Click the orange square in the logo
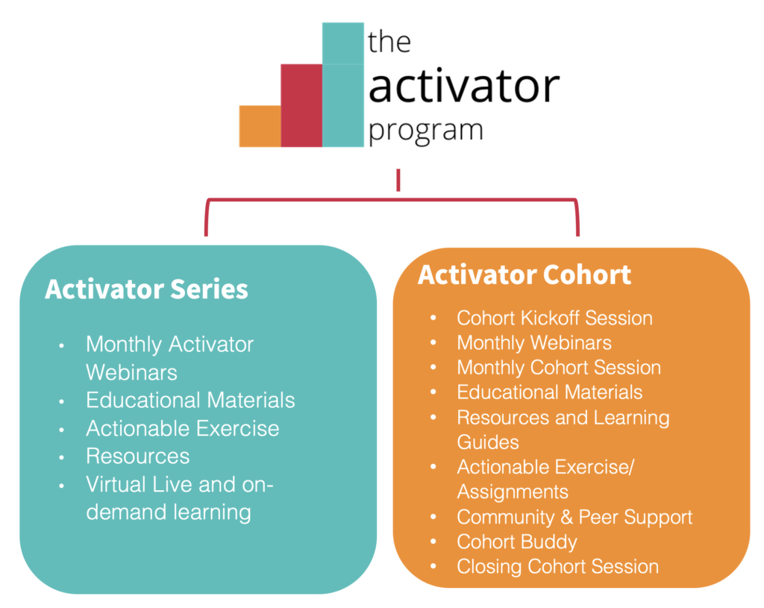[260, 126]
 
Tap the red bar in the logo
[301, 105]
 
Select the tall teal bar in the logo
[343, 85]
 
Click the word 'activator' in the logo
[464, 86]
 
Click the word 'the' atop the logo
[389, 42]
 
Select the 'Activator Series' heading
[146, 289]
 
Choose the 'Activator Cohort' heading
[525, 275]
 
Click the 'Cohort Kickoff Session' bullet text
[554, 318]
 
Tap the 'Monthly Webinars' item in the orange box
[534, 342]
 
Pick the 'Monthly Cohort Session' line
[559, 367]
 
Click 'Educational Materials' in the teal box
[190, 400]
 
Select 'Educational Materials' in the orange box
[550, 392]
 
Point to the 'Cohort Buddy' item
[517, 542]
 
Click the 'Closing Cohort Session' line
[558, 566]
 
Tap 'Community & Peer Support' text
[574, 517]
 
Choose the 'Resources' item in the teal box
[138, 456]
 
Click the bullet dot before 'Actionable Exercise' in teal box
[61, 430]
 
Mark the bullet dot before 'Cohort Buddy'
[433, 542]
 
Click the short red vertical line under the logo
[398, 180]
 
